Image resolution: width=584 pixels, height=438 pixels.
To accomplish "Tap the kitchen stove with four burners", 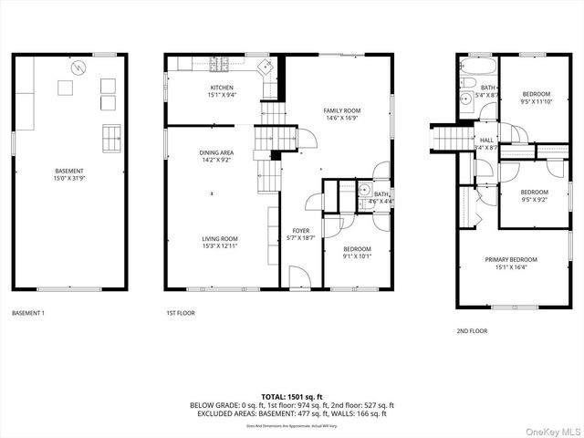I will [220, 64].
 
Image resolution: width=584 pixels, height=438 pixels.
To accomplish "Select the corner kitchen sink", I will [266, 66].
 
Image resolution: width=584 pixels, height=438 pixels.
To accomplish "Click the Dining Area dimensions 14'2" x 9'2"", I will [216, 160].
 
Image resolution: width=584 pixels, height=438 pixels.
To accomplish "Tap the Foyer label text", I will [300, 231].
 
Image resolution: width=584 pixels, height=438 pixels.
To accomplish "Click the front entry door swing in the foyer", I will [298, 276].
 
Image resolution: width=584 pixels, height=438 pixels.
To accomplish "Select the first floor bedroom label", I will [357, 249].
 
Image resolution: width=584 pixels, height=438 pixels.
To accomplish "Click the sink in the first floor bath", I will [364, 192].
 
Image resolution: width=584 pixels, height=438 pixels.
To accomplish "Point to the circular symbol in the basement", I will [79, 67].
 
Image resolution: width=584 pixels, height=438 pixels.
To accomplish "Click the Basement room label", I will [68, 171].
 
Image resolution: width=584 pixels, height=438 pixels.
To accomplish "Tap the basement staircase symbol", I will [111, 137].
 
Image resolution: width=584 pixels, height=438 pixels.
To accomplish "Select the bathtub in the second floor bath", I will [477, 69].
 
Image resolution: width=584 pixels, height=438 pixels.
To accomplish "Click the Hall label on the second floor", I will [486, 140].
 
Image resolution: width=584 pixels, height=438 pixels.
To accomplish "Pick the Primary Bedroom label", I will [510, 260].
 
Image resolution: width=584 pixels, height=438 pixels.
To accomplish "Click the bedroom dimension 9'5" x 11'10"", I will [536, 102].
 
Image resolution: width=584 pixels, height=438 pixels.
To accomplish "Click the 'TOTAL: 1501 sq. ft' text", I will [292, 397].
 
